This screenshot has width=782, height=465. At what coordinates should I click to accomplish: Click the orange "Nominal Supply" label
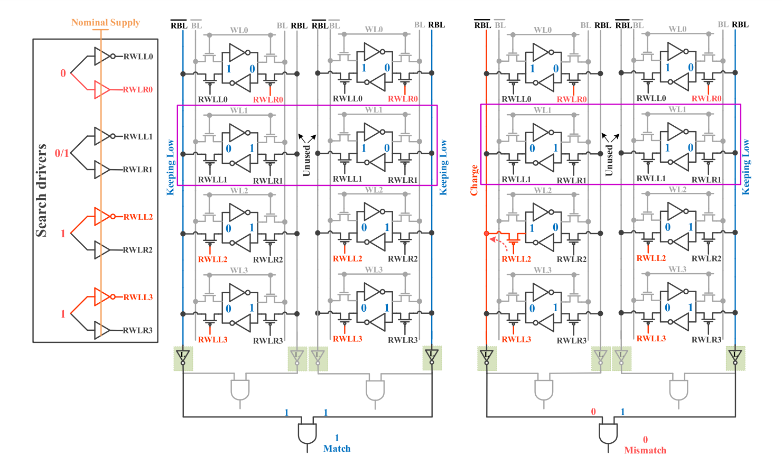click(106, 22)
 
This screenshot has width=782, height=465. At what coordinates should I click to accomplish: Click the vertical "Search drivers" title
click(41, 190)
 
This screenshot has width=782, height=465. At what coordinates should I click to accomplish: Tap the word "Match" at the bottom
click(337, 449)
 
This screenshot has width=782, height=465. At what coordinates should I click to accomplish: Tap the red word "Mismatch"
click(645, 450)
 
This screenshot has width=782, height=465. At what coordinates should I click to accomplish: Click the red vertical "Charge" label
click(474, 180)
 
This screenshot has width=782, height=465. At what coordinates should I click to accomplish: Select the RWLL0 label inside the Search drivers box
click(138, 57)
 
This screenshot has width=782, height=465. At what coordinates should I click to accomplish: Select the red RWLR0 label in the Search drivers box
click(138, 89)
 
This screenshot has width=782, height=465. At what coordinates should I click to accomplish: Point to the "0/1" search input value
click(61, 153)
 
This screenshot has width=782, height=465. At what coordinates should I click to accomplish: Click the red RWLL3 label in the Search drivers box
click(138, 297)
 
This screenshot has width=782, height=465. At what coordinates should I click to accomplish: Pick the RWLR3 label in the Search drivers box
click(138, 330)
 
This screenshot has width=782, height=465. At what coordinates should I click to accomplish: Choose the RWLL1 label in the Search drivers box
click(138, 136)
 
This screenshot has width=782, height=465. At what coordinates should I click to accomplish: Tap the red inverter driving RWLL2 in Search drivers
click(103, 217)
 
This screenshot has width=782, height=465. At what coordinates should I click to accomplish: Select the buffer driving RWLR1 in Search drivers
click(102, 170)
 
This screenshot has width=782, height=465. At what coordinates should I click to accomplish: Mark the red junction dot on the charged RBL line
click(487, 233)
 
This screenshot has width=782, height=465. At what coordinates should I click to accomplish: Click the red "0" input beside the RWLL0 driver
click(63, 73)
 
